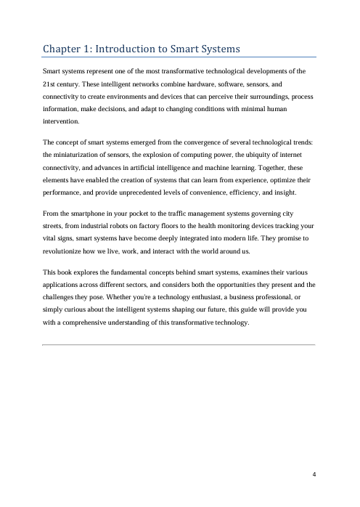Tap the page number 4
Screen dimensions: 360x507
click(314, 475)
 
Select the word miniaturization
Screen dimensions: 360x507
click(83, 154)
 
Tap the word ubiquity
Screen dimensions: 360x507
click(258, 154)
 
